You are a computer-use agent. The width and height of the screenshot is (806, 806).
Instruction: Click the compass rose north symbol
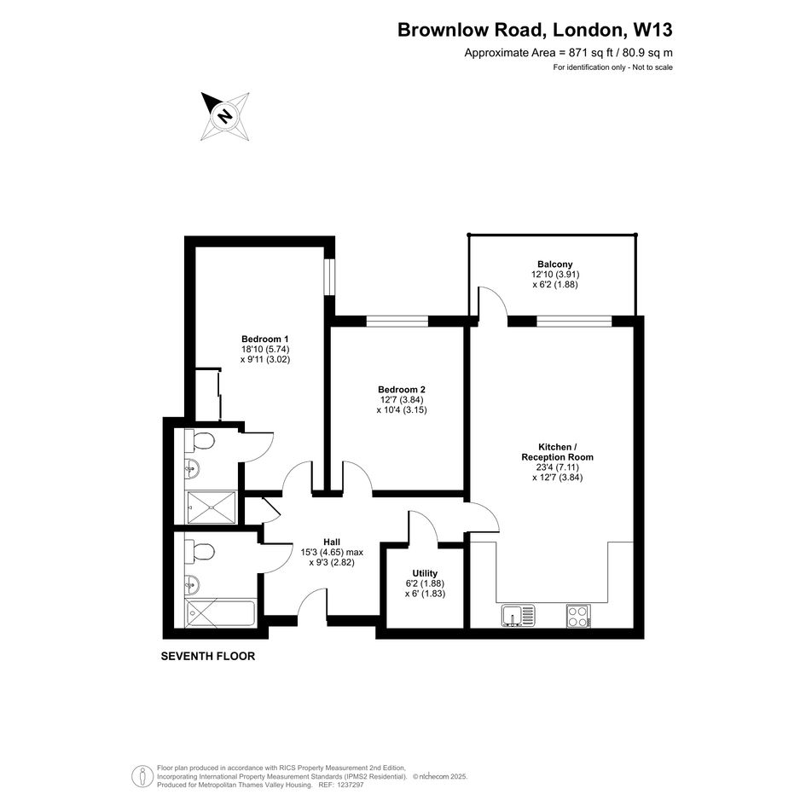coord(225,117)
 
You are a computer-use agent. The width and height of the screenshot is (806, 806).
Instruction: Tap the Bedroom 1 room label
coord(264,339)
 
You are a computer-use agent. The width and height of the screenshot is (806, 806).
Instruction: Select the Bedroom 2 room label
coord(402,390)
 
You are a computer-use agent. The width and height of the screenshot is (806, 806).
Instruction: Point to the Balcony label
coord(555,264)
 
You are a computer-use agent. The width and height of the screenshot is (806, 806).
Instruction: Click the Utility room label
coord(425,573)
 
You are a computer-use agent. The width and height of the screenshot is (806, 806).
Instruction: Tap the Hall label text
coord(332,542)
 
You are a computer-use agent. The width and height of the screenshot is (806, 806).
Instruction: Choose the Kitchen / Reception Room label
coord(557,452)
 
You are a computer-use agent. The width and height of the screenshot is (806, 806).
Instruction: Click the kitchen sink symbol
coord(519,615)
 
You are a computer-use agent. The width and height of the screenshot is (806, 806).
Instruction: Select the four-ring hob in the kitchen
coord(578,615)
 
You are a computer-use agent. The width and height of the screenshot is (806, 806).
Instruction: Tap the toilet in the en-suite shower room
coord(200,440)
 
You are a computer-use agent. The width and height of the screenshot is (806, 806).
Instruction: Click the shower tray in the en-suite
coord(212,507)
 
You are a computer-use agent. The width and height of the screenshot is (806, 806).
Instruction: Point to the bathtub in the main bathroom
coord(221,612)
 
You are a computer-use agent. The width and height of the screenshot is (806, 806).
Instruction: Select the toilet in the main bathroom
coord(200,552)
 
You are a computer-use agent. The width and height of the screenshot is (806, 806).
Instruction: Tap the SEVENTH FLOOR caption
coord(207,657)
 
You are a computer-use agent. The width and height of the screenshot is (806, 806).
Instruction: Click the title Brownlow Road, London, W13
coord(535,30)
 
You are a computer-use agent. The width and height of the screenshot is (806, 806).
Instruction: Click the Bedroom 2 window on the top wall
coord(397,322)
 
